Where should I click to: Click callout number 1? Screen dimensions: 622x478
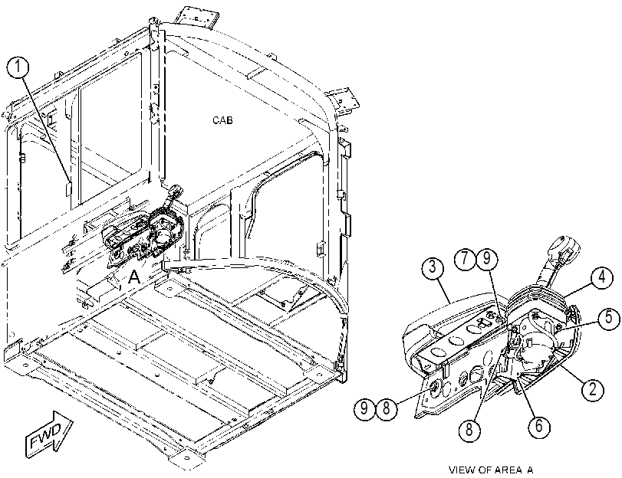pos(18,67)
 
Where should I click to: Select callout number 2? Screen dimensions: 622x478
pos(593,389)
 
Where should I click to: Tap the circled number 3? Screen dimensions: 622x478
pos(433,267)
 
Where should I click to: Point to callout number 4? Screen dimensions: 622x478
pos(602,277)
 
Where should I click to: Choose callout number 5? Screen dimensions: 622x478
pos(608,318)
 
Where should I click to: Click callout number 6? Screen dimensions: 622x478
pos(539,426)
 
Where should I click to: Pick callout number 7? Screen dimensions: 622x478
pos(465,259)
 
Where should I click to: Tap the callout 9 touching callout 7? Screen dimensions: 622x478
pos(486,259)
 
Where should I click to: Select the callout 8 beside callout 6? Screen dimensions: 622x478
pos(469,429)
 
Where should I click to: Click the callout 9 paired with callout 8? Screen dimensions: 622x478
pos(364,408)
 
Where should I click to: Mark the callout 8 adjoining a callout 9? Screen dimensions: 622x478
pos(387,408)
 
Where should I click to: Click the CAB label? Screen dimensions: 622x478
pos(222,120)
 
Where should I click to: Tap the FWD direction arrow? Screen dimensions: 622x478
pos(49,431)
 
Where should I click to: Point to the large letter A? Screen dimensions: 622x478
pos(135,277)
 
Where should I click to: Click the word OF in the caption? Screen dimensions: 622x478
pos(485,470)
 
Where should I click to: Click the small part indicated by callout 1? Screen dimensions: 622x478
pos(67,188)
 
